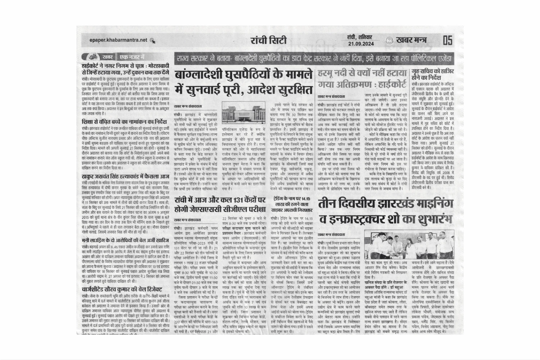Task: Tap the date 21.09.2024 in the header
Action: (x=361, y=44)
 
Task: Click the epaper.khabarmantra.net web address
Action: (x=118, y=40)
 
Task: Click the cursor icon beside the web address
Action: (x=153, y=41)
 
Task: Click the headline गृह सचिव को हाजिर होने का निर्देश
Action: (x=432, y=74)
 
